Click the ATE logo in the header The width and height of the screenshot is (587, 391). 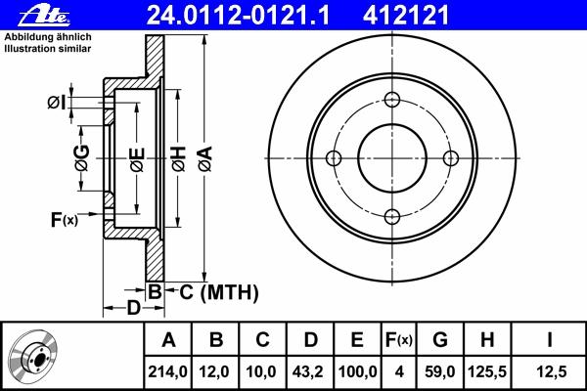tap(44, 16)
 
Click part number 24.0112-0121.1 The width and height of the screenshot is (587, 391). tap(238, 16)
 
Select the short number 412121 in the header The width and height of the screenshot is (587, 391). tap(405, 16)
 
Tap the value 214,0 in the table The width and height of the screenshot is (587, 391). tap(167, 371)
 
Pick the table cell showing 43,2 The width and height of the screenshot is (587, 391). tap(309, 371)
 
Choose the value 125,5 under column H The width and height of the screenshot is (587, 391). tap(487, 371)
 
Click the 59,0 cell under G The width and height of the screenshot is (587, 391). tap(440, 371)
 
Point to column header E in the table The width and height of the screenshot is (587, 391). tap(357, 340)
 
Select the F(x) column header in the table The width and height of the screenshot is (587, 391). tap(399, 340)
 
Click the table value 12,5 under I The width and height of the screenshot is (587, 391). tap(552, 371)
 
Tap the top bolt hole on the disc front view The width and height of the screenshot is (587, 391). tap(392, 100)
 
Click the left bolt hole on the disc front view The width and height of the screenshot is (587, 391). tap(334, 158)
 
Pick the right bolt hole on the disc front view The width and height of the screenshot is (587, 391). tap(451, 158)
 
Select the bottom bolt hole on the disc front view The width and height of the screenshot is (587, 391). tap(392, 217)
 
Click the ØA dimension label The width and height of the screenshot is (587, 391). tap(205, 158)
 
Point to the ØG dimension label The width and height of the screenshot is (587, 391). tap(82, 158)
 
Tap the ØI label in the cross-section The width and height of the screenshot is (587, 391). tap(57, 102)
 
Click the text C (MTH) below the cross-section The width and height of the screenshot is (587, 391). tap(218, 292)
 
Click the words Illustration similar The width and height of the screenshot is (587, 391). tap(48, 49)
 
